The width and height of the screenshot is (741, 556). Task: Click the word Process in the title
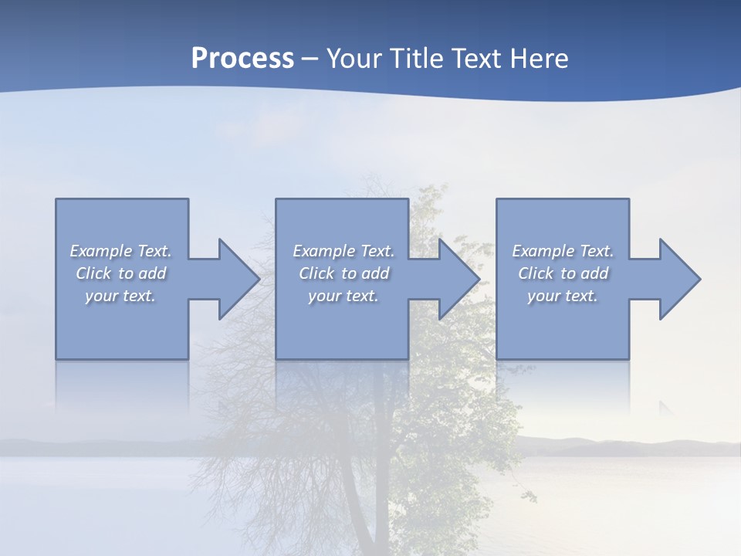(242, 59)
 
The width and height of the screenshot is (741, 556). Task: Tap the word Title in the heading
(417, 59)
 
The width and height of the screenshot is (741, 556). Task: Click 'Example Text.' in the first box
(121, 251)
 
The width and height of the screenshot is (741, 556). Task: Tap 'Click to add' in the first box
(121, 273)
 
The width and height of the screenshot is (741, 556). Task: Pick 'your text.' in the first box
(121, 296)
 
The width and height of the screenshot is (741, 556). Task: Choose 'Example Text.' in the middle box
(343, 251)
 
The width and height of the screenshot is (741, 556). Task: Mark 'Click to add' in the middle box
(343, 273)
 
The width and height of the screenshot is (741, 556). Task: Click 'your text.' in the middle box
(343, 296)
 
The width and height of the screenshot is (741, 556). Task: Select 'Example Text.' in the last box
(563, 251)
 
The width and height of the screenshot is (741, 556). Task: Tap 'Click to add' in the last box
(563, 273)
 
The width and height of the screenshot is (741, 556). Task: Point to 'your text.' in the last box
(563, 296)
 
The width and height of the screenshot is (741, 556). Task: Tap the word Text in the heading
(476, 59)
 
